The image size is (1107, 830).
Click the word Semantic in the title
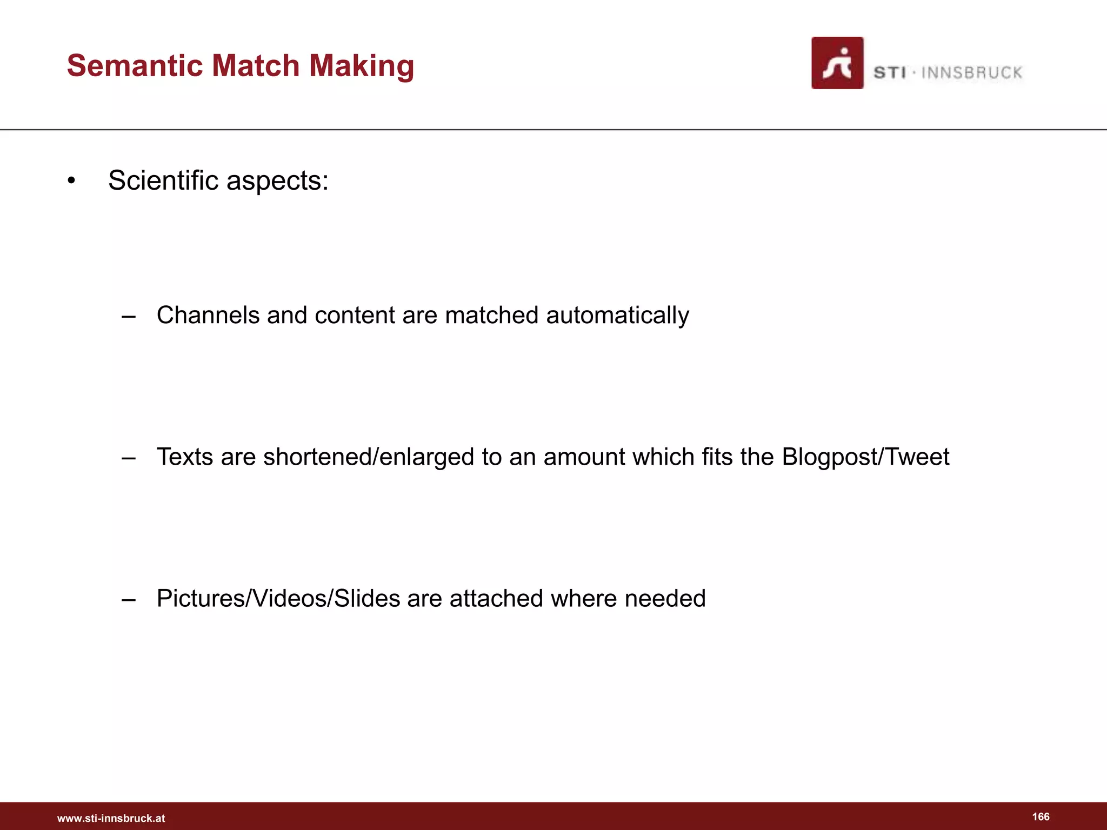click(134, 65)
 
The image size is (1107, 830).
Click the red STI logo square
click(837, 63)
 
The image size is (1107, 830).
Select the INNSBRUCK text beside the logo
click(971, 72)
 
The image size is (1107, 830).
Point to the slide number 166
click(1041, 816)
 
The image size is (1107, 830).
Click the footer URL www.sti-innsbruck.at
click(111, 818)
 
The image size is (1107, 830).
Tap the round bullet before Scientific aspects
click(71, 181)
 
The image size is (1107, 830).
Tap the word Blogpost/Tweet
click(865, 457)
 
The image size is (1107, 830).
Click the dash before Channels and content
click(129, 316)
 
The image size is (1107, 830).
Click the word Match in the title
click(255, 65)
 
